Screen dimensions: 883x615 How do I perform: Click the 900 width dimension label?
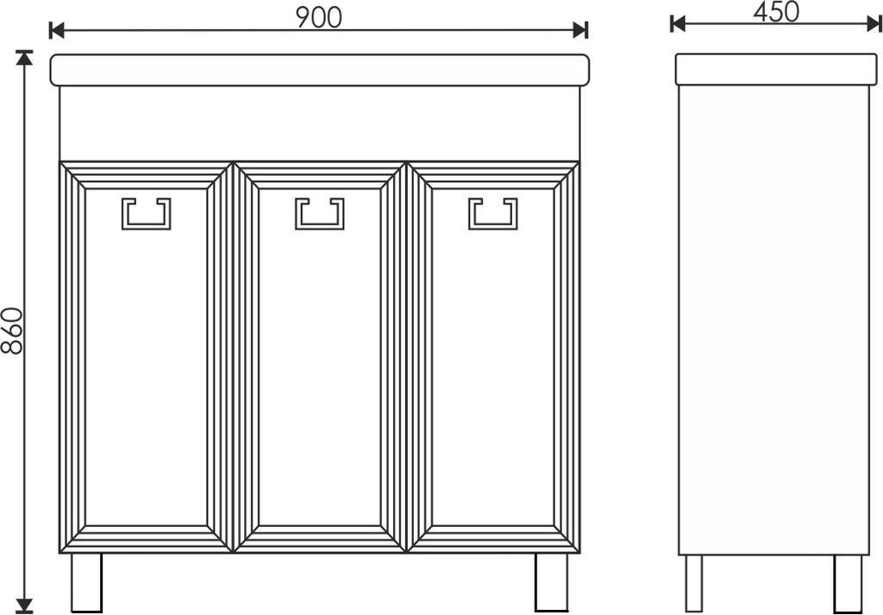pos(319,18)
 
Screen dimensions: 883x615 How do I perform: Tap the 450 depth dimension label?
pos(775,12)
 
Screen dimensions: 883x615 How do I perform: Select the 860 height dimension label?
pos(12,330)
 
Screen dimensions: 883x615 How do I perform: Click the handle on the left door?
pos(147,213)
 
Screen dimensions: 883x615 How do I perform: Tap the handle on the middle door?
pos(320,213)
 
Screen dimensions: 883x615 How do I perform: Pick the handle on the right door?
pos(493,213)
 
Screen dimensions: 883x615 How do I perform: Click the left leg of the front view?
pos(87,581)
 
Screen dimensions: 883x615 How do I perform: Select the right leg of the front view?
pos(551,581)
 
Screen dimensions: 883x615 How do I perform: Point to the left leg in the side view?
pos(694,583)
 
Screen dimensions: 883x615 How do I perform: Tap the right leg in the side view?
pos(848,583)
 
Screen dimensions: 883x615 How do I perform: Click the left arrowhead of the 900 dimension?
pos(57,30)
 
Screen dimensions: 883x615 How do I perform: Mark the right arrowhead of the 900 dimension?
pos(580,30)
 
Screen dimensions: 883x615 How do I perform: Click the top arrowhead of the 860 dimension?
pos(23,58)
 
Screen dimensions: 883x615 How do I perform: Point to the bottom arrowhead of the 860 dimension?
pos(23,606)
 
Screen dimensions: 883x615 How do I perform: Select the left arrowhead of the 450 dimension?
pos(678,23)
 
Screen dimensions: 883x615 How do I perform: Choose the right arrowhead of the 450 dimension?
pos(874,23)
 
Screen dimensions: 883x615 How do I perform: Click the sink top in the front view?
pos(320,71)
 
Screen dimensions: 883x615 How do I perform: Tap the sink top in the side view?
pos(777,70)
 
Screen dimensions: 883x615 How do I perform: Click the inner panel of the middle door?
pos(320,357)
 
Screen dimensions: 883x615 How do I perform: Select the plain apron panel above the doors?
pos(320,123)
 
